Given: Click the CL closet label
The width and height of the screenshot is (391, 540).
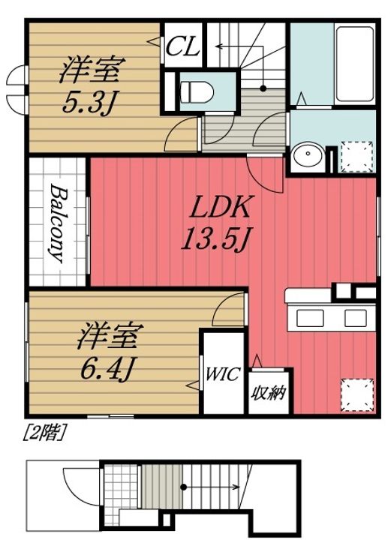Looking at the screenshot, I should point(182,47).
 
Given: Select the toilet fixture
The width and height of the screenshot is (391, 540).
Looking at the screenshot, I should point(197,91).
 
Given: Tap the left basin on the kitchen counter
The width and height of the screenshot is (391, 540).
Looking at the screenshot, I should point(310,317).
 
